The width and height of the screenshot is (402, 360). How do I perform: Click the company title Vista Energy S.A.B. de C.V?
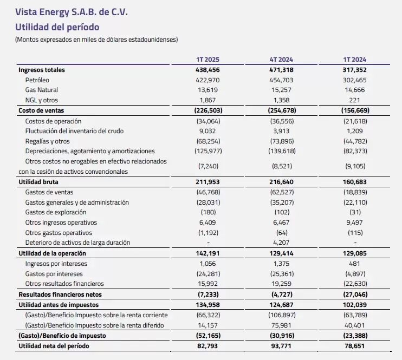(72, 12)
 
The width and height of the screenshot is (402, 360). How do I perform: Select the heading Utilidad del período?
(57, 27)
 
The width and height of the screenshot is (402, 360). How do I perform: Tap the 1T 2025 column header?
(208, 60)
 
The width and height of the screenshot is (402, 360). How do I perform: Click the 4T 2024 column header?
(281, 60)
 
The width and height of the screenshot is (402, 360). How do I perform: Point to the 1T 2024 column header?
(354, 60)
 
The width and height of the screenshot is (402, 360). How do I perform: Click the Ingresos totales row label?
(42, 70)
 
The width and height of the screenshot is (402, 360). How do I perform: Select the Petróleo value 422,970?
(208, 80)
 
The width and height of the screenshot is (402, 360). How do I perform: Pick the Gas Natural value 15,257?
(281, 90)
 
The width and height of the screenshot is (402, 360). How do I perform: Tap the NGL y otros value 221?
(354, 100)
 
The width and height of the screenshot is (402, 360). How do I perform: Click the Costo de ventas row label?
(41, 110)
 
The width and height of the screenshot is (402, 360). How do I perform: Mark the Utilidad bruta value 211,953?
(208, 182)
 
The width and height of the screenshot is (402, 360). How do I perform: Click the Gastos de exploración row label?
(56, 212)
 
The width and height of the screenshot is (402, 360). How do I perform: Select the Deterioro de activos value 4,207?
(281, 243)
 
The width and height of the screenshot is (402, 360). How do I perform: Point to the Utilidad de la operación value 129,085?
(354, 253)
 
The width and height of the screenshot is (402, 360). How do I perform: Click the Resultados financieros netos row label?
(60, 294)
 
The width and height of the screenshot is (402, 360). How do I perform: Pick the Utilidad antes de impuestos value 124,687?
(281, 305)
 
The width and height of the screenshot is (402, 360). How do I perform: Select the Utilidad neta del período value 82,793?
(208, 346)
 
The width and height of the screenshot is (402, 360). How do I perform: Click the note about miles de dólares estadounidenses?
(96, 40)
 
